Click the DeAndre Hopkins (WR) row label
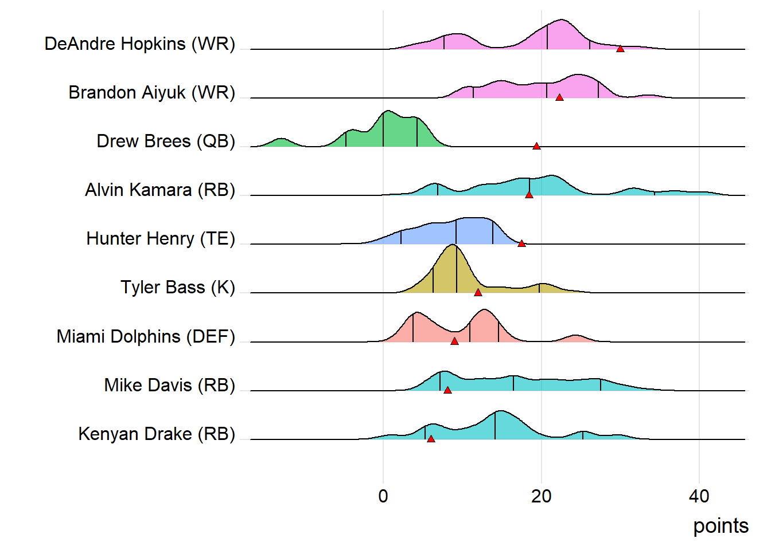pyautogui.click(x=139, y=44)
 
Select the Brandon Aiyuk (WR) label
pyautogui.click(x=151, y=92)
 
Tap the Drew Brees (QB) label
pyautogui.click(x=166, y=141)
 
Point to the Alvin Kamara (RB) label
pyautogui.click(x=160, y=190)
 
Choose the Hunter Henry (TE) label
pyautogui.click(x=161, y=238)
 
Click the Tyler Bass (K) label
pyautogui.click(x=178, y=287)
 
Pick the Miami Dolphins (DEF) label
pyautogui.click(x=146, y=336)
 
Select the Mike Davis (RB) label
pyautogui.click(x=169, y=385)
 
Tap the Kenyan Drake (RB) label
pyautogui.click(x=157, y=434)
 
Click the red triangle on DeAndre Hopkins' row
pyautogui.click(x=620, y=49)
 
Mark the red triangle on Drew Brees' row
pyautogui.click(x=536, y=146)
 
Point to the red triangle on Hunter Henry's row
pyautogui.click(x=521, y=243)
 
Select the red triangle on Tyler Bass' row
pyautogui.click(x=478, y=293)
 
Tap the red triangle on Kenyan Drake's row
pyautogui.click(x=431, y=439)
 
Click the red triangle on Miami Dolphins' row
pyautogui.click(x=454, y=341)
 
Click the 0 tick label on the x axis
pyautogui.click(x=383, y=496)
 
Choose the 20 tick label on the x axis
pyautogui.click(x=541, y=496)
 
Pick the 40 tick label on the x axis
pyautogui.click(x=699, y=496)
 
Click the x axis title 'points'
pyautogui.click(x=721, y=526)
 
